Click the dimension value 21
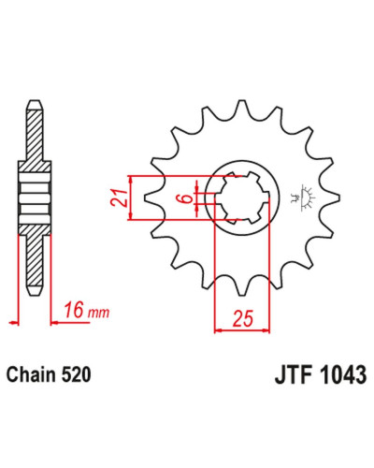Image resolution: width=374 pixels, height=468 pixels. [120, 197]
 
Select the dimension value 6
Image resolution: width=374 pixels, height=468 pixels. [187, 198]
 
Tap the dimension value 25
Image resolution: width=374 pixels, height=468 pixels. [243, 318]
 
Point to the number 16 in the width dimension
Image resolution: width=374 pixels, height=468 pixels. [74, 311]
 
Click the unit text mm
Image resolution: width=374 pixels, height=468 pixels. [98, 313]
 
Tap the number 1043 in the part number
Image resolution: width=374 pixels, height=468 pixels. [343, 374]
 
